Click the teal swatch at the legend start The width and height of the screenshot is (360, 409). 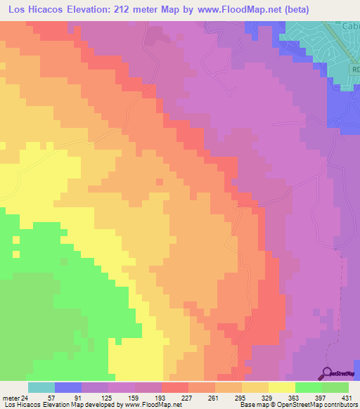click(x=41, y=387)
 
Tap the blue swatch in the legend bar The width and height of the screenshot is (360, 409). click(x=68, y=387)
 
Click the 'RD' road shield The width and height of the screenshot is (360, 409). click(x=355, y=70)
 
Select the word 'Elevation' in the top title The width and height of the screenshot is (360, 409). click(x=84, y=8)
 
